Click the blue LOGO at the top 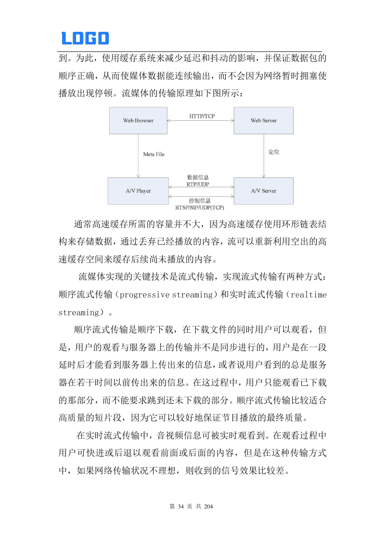(85, 38)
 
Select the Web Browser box (138, 120)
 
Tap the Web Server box (263, 120)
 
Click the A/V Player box (138, 191)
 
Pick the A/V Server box (263, 191)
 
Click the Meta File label (154, 155)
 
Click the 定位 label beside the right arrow (274, 152)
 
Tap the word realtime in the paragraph (309, 295)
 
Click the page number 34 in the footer (181, 507)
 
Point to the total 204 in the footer (208, 507)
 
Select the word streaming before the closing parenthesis (78, 312)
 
